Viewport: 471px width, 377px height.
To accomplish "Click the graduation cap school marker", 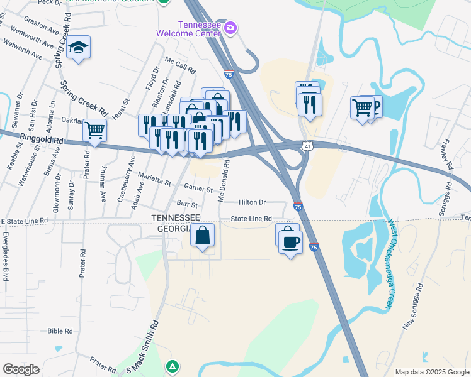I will point(79,48).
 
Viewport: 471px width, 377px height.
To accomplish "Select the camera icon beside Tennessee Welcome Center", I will point(230,27).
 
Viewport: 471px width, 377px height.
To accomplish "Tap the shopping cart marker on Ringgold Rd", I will point(94,131).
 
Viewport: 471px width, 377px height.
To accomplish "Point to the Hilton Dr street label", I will point(253,202).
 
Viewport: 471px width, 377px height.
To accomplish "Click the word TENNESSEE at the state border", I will point(176,217).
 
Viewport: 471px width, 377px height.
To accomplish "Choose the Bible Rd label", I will point(60,331).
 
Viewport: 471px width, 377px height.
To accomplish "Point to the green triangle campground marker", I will point(172,366).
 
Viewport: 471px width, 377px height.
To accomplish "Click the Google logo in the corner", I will point(20,369).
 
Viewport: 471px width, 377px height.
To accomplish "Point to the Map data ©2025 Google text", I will point(432,372).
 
